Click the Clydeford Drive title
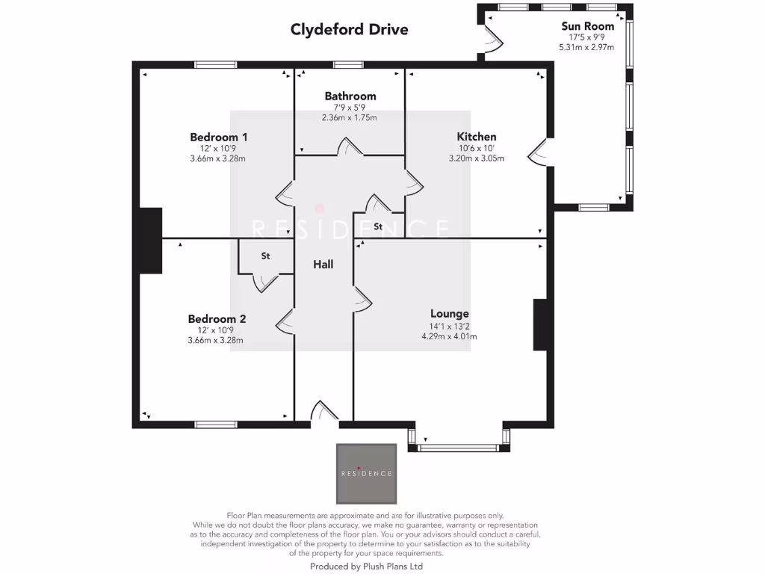[x=349, y=30]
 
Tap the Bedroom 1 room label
[x=219, y=137]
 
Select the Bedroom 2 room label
[x=217, y=319]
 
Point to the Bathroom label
[x=350, y=96]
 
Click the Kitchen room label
[x=477, y=137]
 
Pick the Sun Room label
[x=587, y=26]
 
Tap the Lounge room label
[x=449, y=314]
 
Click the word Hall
[x=323, y=265]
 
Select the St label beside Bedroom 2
[x=265, y=256]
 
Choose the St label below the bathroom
[x=378, y=226]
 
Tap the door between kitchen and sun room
[x=538, y=153]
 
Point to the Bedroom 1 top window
[x=216, y=65]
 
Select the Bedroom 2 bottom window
[x=216, y=425]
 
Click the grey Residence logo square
[x=366, y=473]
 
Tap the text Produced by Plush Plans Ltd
[x=366, y=567]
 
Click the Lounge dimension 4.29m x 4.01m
[x=449, y=336]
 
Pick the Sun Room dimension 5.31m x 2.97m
[x=586, y=47]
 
